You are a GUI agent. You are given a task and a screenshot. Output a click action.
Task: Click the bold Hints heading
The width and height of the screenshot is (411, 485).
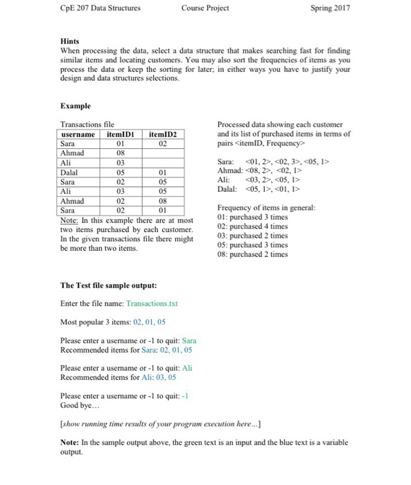point(71,41)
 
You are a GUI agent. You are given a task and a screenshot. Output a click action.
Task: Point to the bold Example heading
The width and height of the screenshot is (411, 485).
point(76,107)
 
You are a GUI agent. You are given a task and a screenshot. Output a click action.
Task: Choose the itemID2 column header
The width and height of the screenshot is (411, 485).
point(163,134)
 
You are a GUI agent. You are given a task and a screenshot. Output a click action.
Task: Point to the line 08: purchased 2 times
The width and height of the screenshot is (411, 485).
point(252,254)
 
